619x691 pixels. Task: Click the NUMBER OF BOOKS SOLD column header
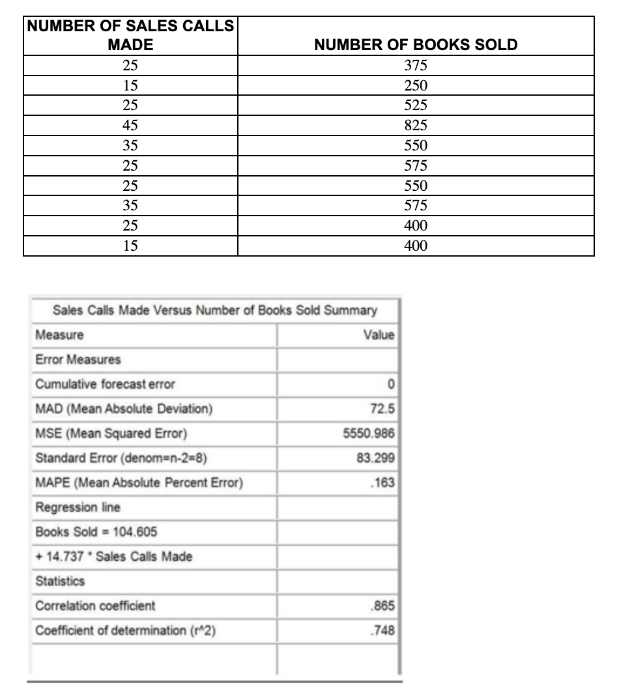(x=416, y=45)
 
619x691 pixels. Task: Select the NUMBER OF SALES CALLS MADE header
(x=130, y=36)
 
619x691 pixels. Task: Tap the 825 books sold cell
(x=416, y=126)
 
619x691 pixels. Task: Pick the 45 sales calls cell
(x=130, y=126)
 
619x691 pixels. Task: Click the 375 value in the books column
(x=416, y=65)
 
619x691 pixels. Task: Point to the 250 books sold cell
(x=416, y=85)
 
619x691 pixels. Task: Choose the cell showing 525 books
(x=416, y=106)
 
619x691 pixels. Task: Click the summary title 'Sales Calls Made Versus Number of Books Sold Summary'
(x=214, y=310)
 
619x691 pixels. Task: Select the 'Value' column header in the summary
(x=379, y=335)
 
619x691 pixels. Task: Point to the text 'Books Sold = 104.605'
(x=96, y=532)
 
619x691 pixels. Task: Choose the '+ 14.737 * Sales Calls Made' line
(x=113, y=556)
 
